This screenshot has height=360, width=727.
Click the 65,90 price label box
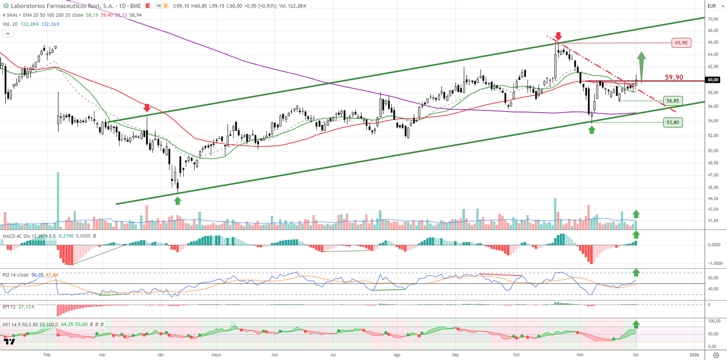click(681, 43)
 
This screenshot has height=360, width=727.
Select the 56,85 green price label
click(672, 101)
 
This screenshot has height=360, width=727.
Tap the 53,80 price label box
click(672, 122)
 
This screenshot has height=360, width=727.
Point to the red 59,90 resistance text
click(674, 77)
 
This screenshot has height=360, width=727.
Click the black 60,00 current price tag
click(712, 80)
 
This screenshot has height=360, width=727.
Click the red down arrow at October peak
click(558, 36)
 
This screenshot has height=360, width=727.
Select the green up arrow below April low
click(178, 200)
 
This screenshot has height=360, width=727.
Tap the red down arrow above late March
click(147, 108)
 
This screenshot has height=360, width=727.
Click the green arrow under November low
click(592, 130)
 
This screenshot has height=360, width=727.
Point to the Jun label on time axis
click(274, 355)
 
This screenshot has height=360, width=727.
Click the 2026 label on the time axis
click(694, 355)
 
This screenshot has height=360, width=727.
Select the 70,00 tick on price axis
click(712, 19)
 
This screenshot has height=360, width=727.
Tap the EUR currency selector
click(712, 6)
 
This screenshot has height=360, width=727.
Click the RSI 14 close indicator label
click(15, 275)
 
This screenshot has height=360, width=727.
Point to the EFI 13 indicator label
click(9, 307)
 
